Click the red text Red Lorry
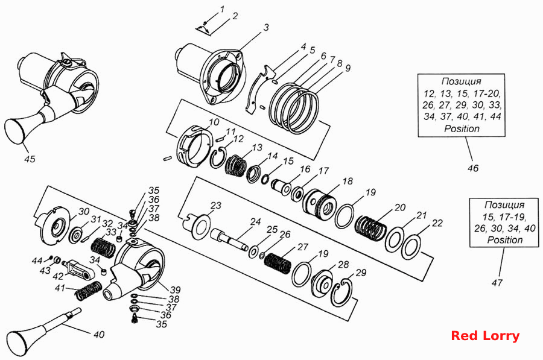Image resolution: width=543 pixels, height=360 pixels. pos(485,336)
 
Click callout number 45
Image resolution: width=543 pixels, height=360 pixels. pos(30,159)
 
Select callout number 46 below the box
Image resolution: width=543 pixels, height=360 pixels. pos(472,168)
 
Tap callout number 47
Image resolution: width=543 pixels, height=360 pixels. pos(497,283)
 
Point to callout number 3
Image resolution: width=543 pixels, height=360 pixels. pos(266,27)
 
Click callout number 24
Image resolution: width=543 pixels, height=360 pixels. pos(256,221)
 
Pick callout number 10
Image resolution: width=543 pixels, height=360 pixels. pos(214,122)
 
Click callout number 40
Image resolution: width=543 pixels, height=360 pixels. pos(99,335)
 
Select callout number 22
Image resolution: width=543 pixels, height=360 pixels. pos(437,223)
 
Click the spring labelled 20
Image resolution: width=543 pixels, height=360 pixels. pos(371,229)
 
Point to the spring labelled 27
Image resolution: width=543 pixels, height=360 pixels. pos(278,264)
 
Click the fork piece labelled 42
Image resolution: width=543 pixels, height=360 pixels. pos(78,269)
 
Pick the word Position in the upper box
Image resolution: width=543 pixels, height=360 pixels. pos(462,129)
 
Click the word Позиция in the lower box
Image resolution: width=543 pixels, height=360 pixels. pos(504,205)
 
